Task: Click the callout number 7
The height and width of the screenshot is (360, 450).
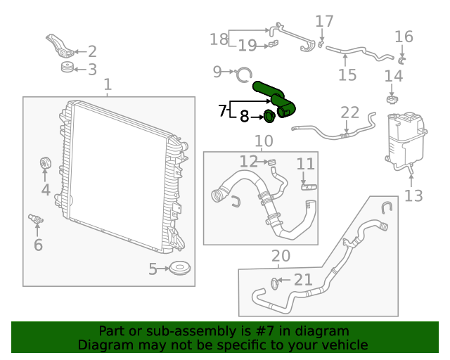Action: click(222, 110)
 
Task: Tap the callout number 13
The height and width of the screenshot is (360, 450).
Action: click(413, 195)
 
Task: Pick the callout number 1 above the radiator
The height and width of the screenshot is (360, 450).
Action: click(108, 86)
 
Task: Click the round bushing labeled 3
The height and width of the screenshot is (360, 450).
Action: click(67, 68)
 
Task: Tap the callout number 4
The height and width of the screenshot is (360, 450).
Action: click(45, 190)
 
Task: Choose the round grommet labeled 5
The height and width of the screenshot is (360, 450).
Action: click(181, 269)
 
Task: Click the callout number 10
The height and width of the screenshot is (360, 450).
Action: click(264, 141)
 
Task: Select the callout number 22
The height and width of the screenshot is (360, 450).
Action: click(349, 112)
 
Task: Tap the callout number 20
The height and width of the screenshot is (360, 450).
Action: click(280, 255)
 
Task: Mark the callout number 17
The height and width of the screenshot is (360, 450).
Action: click(323, 22)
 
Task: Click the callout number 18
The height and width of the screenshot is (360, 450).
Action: click(219, 39)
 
